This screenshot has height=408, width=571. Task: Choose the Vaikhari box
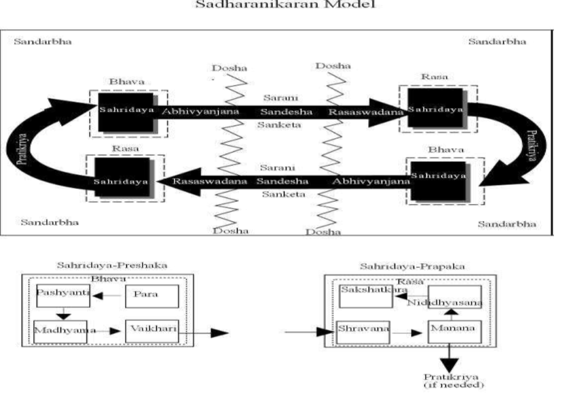151,330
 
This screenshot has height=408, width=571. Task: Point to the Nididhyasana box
454,297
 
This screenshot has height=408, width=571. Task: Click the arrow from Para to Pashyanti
107,296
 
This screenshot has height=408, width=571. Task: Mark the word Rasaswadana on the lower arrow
203,182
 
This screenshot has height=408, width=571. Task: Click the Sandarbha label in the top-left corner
42,42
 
